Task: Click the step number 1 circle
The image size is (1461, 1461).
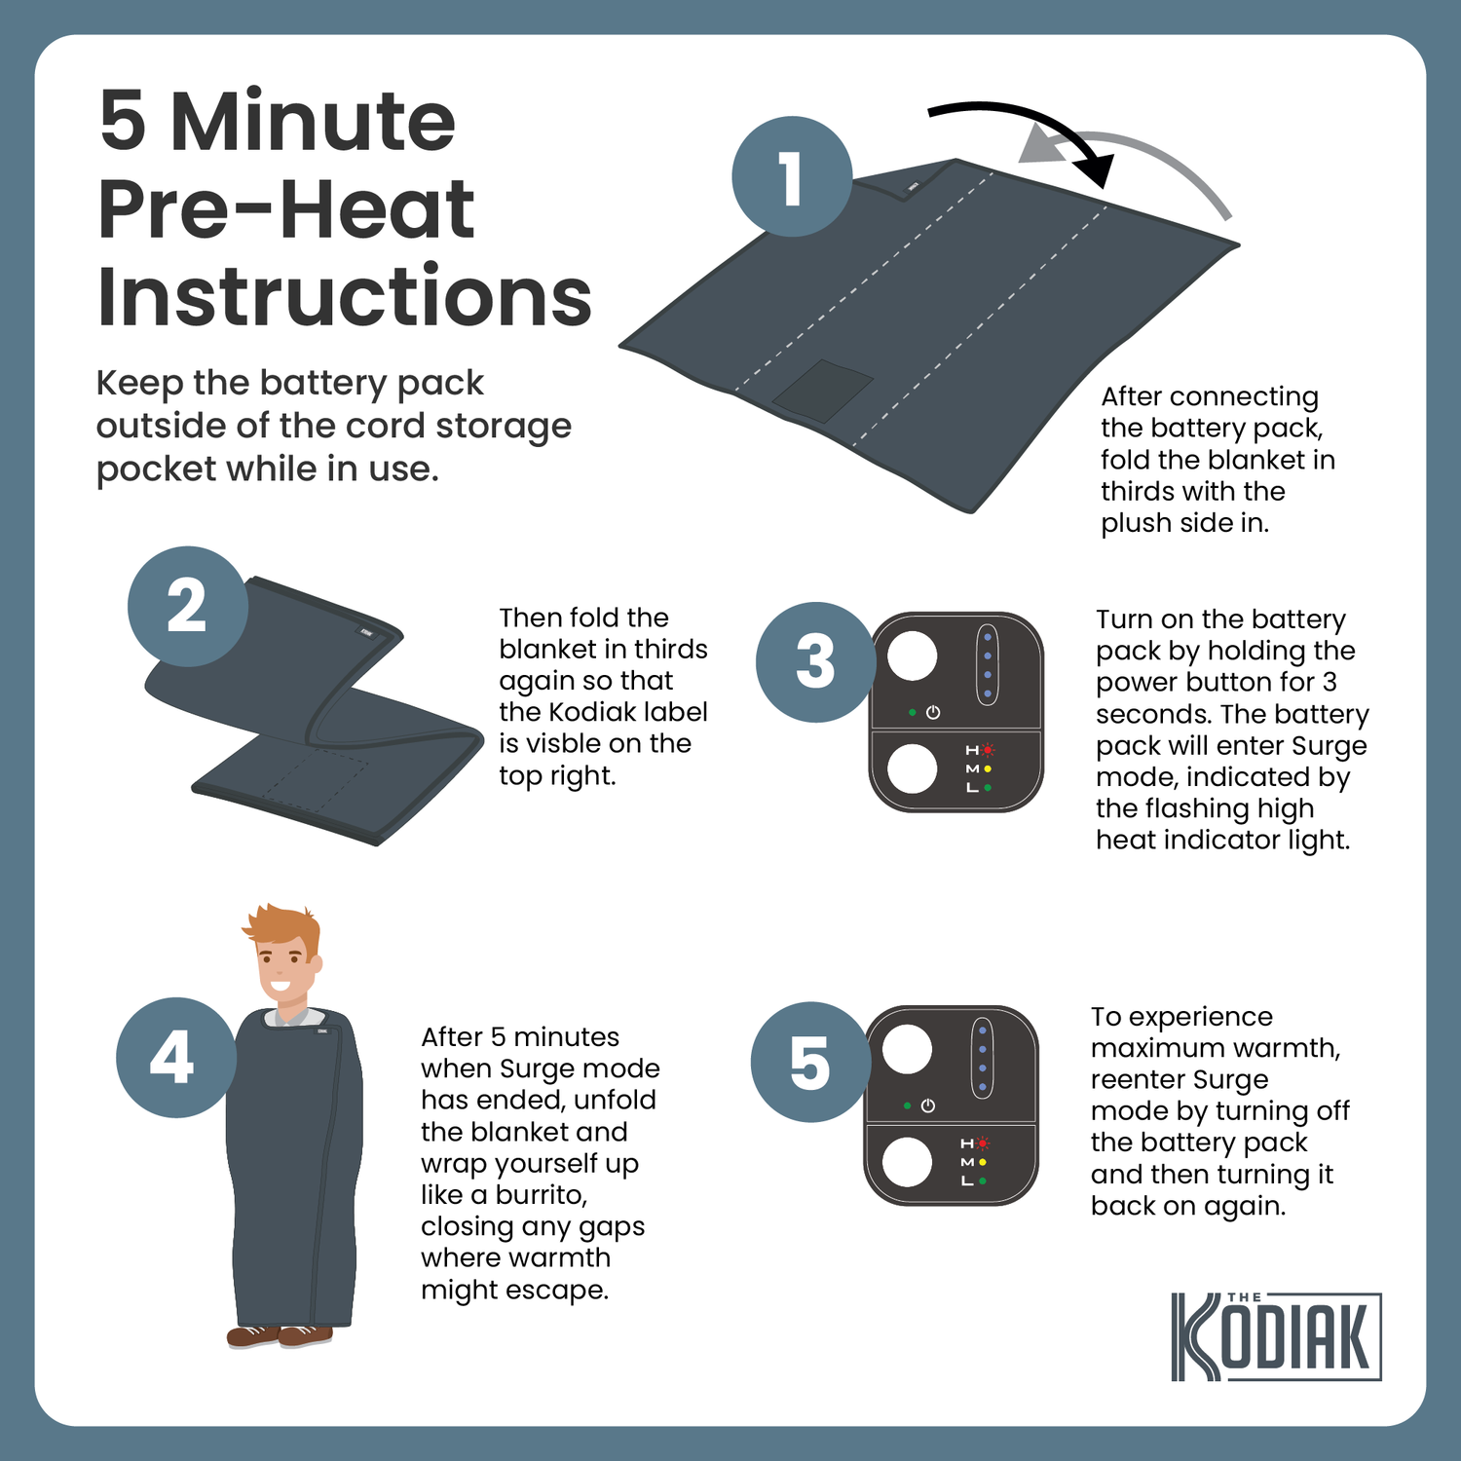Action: pyautogui.click(x=792, y=176)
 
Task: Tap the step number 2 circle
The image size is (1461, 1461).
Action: pyautogui.click(x=187, y=606)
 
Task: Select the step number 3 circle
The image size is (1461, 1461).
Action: pyautogui.click(x=816, y=662)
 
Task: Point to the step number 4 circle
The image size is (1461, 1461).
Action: pyautogui.click(x=175, y=1058)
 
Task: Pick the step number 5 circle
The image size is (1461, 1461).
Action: pyautogui.click(x=810, y=1063)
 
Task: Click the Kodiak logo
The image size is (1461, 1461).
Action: pyautogui.click(x=1276, y=1336)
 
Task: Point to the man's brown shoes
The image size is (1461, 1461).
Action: pyautogui.click(x=280, y=1335)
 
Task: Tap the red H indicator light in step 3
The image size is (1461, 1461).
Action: pyautogui.click(x=988, y=750)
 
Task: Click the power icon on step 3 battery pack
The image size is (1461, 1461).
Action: pyautogui.click(x=933, y=713)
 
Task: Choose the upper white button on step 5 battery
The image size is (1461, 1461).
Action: pyautogui.click(x=907, y=1049)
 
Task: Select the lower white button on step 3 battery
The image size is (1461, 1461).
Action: pyautogui.click(x=913, y=769)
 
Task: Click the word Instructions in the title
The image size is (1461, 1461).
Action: pyautogui.click(x=345, y=296)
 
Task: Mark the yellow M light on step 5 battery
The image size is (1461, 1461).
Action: pyautogui.click(x=983, y=1162)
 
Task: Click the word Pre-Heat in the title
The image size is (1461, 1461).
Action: pyautogui.click(x=286, y=209)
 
